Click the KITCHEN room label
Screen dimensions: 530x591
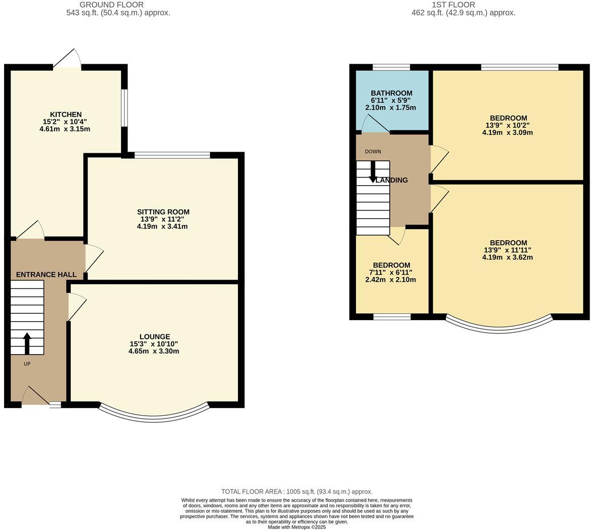coord(65,114)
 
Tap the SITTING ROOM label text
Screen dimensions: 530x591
coord(163,212)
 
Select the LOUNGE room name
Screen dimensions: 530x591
coord(154,336)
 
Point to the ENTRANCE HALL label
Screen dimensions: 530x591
coord(46,275)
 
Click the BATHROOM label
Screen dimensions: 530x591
coord(391,93)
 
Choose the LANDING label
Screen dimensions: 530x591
coord(392,180)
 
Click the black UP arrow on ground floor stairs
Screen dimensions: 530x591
coord(27,343)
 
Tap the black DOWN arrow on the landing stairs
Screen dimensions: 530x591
coord(373,172)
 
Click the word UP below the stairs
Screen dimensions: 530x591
coord(27,364)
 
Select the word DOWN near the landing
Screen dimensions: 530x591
coord(373,152)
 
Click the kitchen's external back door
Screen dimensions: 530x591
coord(67,59)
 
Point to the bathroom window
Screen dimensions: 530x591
coord(391,67)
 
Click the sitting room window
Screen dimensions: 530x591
coord(172,155)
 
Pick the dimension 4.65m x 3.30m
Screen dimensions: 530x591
coord(153,351)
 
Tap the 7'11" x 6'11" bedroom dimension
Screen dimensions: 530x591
coord(391,273)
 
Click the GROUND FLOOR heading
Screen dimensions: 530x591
coord(118,5)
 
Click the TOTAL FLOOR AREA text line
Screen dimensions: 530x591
coord(297,492)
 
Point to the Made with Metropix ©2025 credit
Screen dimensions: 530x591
coord(297,527)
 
